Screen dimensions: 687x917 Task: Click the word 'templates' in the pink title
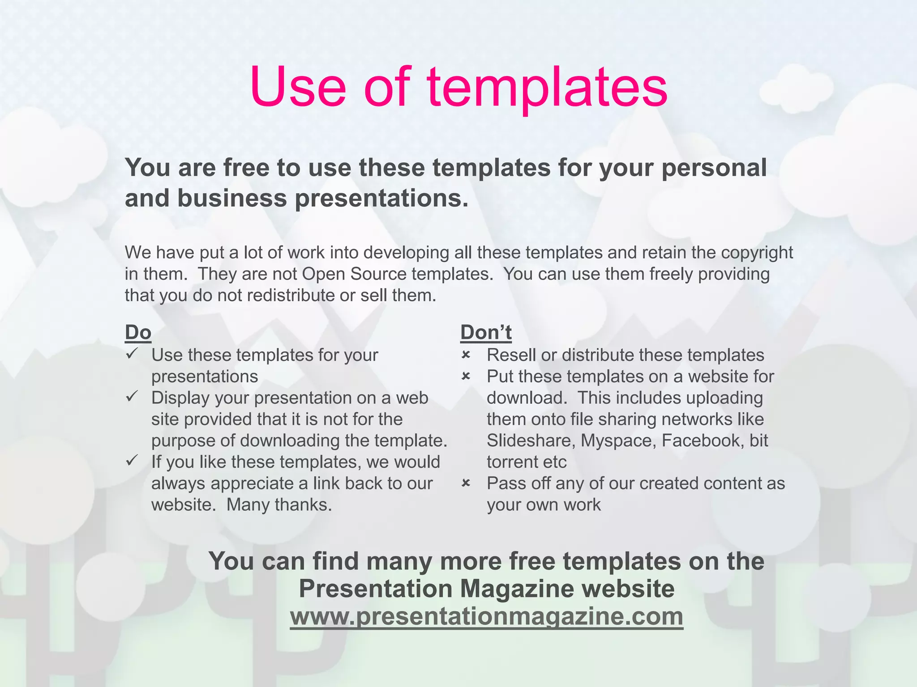[547, 88]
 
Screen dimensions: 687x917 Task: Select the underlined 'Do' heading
[138, 332]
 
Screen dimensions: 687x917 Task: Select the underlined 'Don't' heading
[486, 332]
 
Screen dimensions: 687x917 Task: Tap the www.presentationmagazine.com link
[486, 616]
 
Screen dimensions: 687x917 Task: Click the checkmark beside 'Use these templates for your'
[132, 354]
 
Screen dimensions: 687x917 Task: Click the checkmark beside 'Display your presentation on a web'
[132, 397]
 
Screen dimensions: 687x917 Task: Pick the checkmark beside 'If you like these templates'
[132, 461]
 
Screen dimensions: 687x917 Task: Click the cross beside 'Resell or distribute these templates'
[466, 355]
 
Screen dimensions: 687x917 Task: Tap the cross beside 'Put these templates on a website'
[466, 377]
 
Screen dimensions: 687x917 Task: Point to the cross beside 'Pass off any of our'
[466, 483]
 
